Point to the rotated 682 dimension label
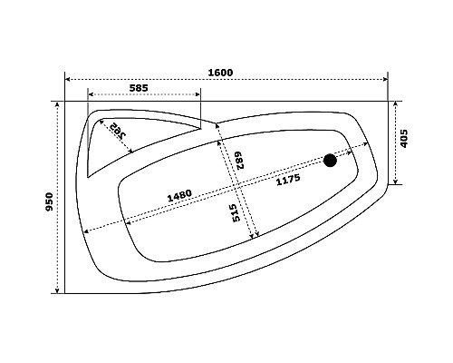click(x=241, y=160)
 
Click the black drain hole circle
click(x=330, y=161)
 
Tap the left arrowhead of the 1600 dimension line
click(x=68, y=78)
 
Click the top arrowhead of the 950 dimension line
click(x=61, y=103)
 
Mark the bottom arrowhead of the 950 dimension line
click(x=61, y=290)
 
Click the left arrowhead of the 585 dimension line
click(x=91, y=93)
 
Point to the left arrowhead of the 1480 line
click(x=124, y=221)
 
